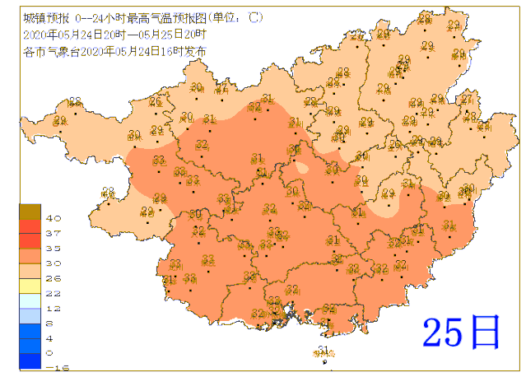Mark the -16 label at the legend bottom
pos(53,367)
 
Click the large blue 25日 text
pos(461,331)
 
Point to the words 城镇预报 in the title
pos(40,16)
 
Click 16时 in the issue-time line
pos(169,50)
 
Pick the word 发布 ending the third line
pos(193,50)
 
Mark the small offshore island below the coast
pos(321,352)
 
